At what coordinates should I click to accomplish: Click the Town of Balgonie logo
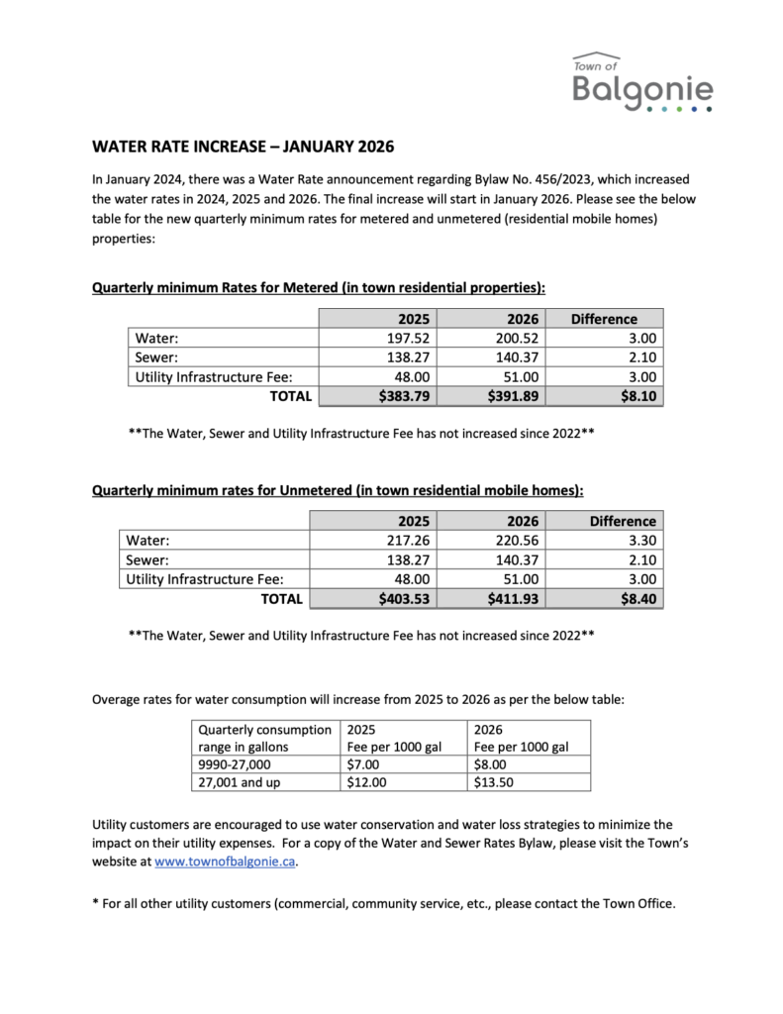642,82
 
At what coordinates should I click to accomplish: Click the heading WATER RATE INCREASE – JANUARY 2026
243,148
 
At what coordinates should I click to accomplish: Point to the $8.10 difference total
635,396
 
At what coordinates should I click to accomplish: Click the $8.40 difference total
634,598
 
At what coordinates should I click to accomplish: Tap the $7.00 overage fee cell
362,764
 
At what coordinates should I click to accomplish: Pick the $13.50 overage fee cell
497,782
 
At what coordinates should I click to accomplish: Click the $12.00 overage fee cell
366,782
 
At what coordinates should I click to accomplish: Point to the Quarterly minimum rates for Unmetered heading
337,490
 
